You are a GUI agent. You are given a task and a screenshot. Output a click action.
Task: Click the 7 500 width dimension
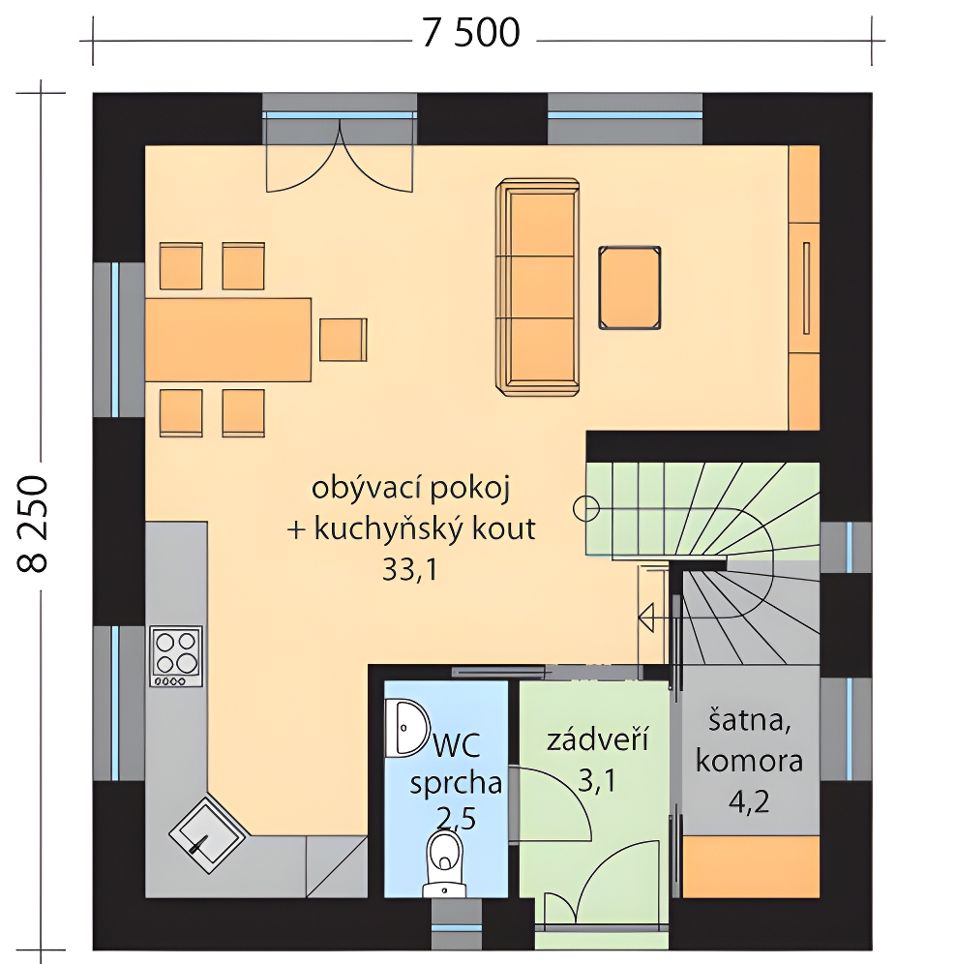(x=471, y=33)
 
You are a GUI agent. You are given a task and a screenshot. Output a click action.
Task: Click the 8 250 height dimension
(x=32, y=525)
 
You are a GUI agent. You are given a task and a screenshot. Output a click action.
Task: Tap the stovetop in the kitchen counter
(x=176, y=656)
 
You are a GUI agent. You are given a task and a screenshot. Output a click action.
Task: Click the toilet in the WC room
(x=444, y=863)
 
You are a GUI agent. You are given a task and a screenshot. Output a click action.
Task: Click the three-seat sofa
(x=537, y=287)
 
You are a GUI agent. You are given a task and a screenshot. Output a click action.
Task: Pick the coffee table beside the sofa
(x=630, y=287)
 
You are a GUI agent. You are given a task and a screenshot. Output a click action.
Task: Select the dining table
(x=228, y=340)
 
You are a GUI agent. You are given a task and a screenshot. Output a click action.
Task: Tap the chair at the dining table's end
(x=344, y=340)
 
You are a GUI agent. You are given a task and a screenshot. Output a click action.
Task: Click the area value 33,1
(x=410, y=570)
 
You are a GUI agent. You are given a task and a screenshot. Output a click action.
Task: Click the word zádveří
(x=598, y=739)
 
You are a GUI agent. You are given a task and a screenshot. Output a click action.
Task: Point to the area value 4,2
(x=749, y=801)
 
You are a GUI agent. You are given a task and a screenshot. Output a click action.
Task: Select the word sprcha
(x=456, y=784)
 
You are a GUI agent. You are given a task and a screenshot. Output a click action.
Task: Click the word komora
(x=750, y=761)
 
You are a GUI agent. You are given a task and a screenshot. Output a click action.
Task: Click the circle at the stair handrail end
(x=585, y=508)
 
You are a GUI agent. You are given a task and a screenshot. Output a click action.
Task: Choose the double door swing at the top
(x=339, y=156)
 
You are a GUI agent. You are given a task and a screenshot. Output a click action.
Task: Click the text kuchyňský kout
(x=425, y=529)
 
